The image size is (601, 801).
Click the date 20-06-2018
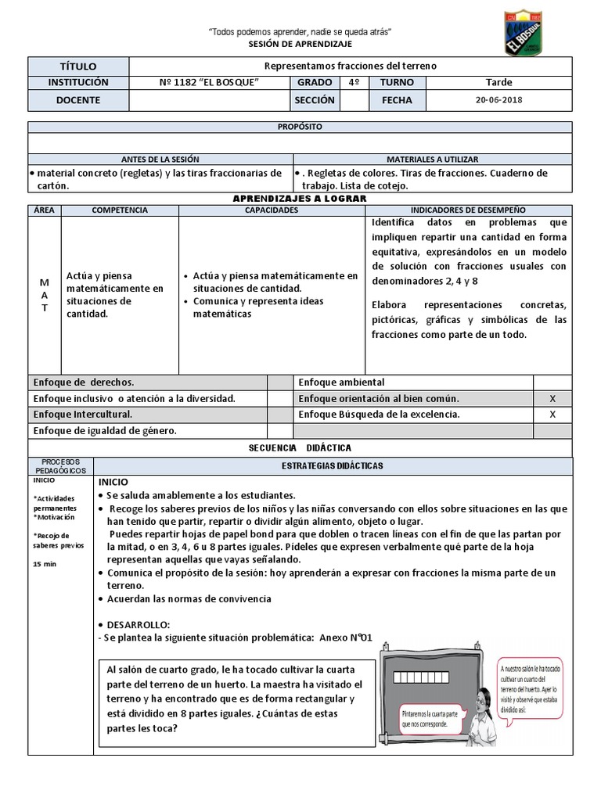point(499,100)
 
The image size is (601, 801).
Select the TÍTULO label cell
point(77,66)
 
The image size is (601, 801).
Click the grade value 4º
point(353,82)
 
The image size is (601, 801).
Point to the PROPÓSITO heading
point(300,127)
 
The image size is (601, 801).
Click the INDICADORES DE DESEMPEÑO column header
point(468,210)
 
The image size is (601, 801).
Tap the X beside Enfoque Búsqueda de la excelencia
point(552,415)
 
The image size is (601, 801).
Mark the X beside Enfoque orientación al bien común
point(552,398)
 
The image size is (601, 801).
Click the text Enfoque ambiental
point(341,382)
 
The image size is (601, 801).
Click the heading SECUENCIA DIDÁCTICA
point(300,447)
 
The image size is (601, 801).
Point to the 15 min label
point(44,563)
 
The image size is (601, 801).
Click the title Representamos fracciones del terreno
point(351,66)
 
